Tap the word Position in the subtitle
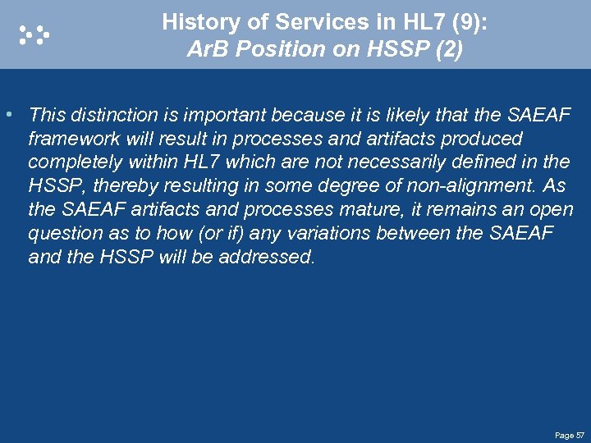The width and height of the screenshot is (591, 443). pos(265,49)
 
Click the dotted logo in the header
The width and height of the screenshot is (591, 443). pos(34,34)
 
